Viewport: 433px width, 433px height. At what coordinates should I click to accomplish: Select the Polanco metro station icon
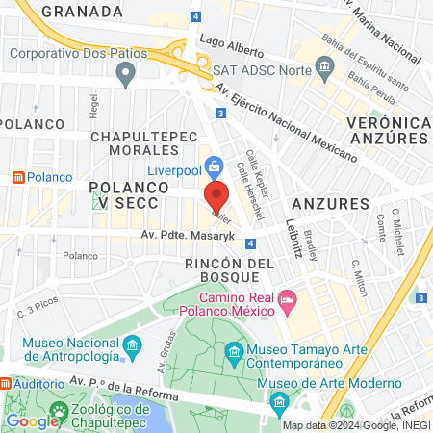click(17, 177)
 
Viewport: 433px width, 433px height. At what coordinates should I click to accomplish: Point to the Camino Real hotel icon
click(287, 304)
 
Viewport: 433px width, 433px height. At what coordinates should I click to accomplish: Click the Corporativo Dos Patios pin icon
click(124, 73)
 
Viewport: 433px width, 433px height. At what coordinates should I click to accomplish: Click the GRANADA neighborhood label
click(82, 11)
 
